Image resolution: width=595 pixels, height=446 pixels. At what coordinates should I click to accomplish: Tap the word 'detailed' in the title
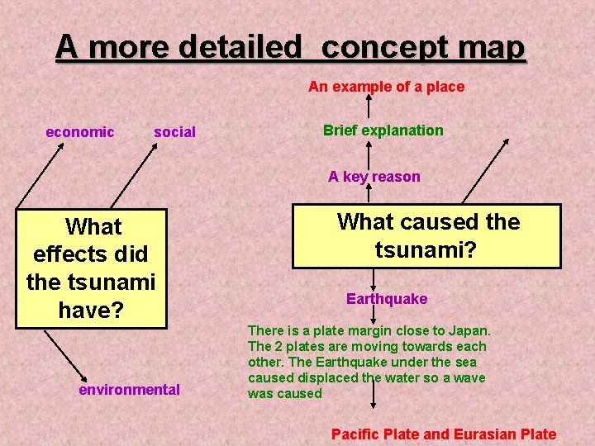pos(240,48)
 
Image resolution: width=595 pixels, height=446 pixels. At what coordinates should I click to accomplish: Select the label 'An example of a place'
pos(386,87)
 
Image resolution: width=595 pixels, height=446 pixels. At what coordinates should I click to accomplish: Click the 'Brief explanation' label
pos(383,130)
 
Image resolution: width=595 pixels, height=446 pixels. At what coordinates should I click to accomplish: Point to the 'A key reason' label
pos(374,176)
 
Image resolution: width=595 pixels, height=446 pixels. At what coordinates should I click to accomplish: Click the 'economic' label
pos(80,132)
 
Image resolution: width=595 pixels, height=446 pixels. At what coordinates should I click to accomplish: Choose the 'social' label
pos(174,132)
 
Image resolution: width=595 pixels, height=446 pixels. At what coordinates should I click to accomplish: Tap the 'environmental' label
pos(129,389)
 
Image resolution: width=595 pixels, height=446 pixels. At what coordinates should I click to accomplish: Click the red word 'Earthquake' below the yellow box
pos(387,299)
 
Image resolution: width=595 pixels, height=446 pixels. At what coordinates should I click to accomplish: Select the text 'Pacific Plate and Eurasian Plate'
pos(444,434)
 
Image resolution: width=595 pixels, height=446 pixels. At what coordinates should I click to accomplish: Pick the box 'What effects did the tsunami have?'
pos(91,268)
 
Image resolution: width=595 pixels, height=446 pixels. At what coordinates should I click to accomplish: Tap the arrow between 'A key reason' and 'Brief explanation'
pos(369,154)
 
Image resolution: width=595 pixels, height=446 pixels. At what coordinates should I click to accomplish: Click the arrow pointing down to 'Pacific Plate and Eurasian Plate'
pos(374,409)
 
